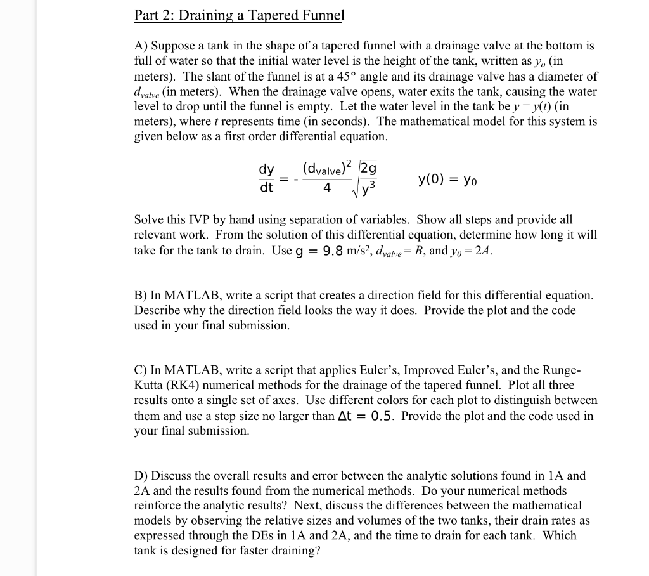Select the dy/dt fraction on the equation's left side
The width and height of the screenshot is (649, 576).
[266, 178]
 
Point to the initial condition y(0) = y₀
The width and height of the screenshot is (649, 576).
[447, 179]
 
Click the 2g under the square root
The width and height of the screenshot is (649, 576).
[368, 169]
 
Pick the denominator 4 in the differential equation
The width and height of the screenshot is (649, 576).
[326, 188]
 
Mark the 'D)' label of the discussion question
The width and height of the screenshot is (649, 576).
[141, 475]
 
